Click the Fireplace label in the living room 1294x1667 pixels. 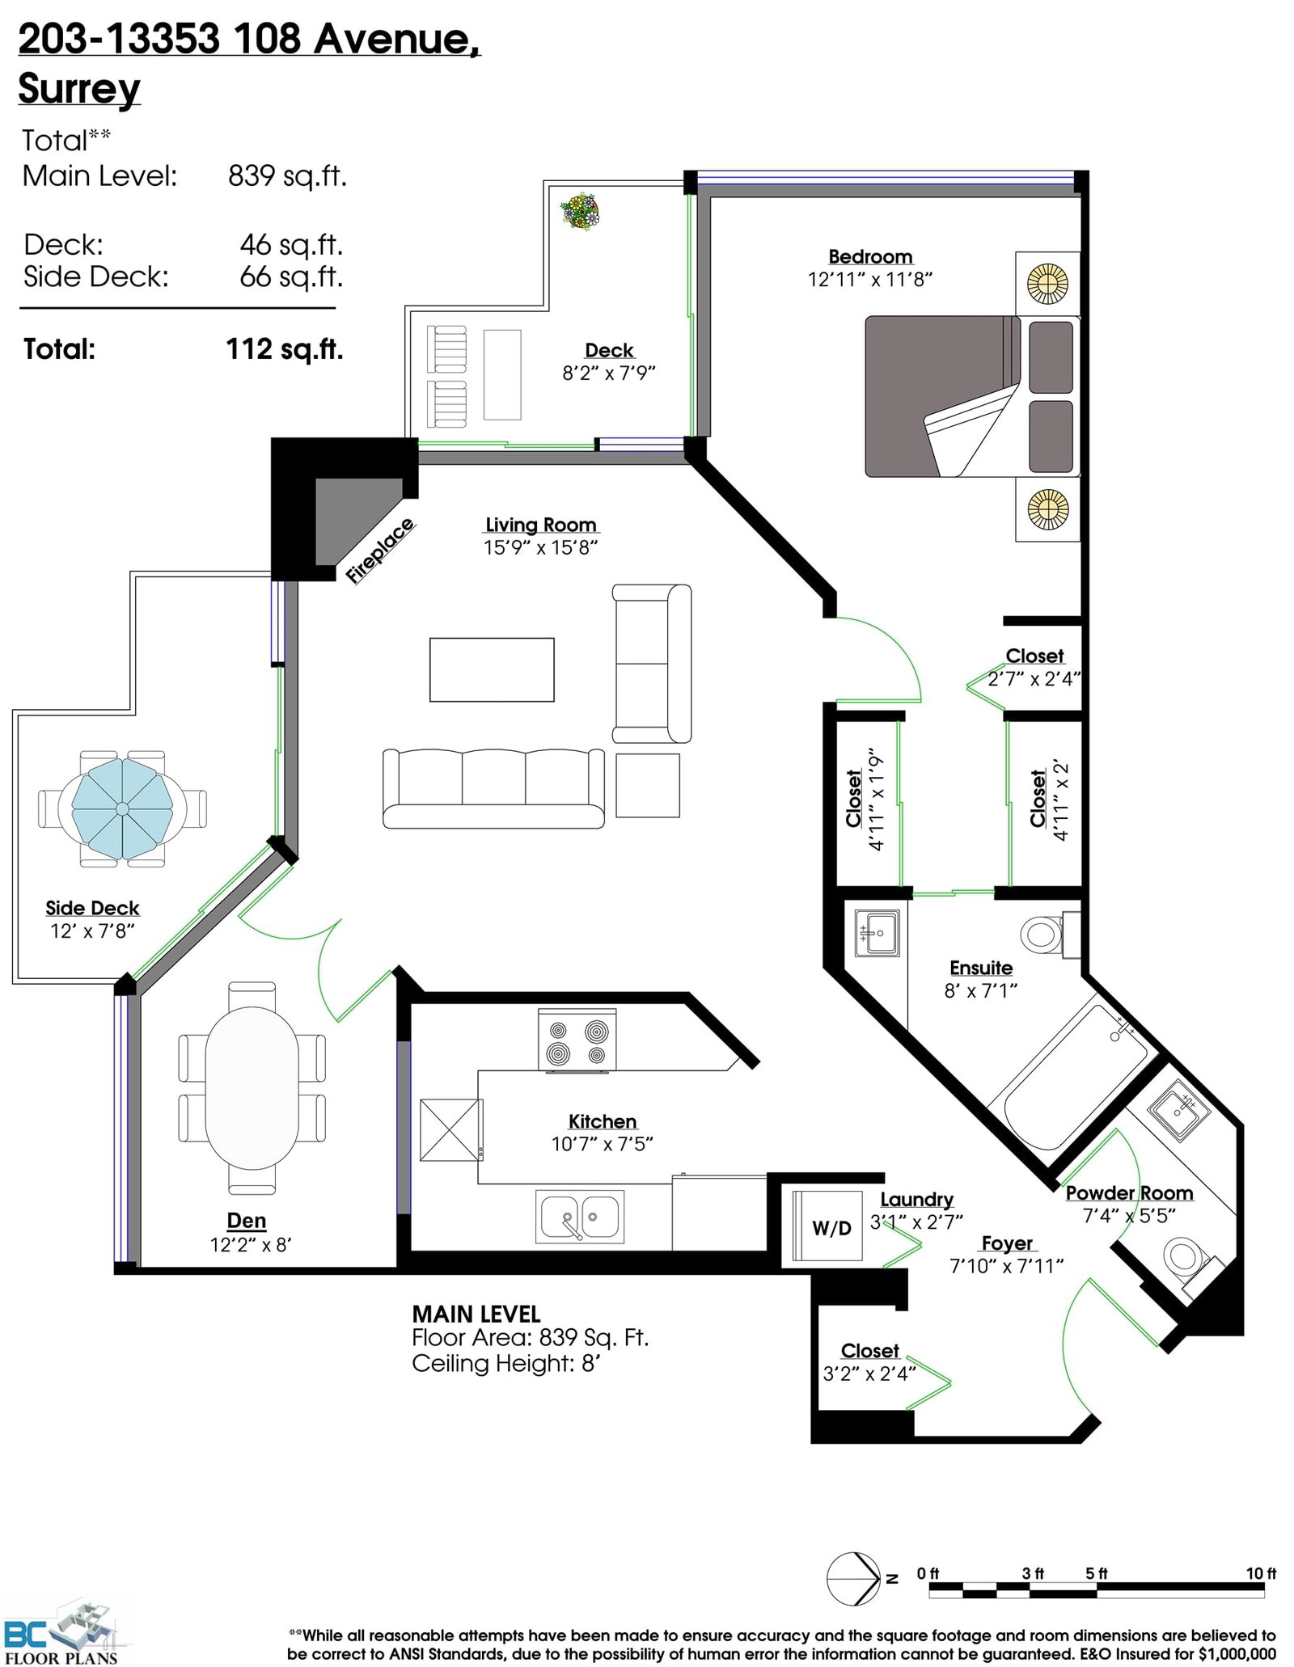point(379,551)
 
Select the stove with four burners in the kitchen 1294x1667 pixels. point(577,1040)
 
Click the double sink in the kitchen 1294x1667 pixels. point(580,1217)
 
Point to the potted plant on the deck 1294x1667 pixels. point(580,212)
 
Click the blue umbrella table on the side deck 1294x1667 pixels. point(122,808)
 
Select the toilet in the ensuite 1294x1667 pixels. point(1050,935)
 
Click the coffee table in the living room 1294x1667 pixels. point(492,669)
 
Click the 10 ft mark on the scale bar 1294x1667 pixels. point(1261,1573)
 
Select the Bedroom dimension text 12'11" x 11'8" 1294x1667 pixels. point(870,279)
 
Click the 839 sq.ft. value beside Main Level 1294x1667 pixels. point(287,175)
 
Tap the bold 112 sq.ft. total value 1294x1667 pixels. point(285,349)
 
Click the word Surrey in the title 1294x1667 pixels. point(79,88)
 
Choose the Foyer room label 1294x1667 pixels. point(1007,1243)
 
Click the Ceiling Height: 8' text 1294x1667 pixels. point(505,1364)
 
